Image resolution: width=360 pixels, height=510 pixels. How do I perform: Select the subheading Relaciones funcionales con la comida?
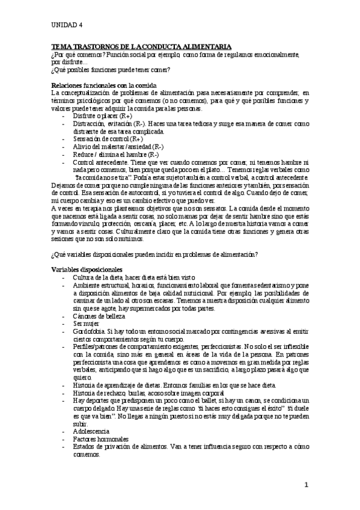pos(105,86)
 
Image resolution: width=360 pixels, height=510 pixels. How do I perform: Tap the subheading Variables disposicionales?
pos(87,269)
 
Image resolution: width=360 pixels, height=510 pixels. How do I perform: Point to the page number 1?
pos(306,484)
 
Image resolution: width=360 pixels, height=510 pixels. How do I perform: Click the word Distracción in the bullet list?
pos(88,123)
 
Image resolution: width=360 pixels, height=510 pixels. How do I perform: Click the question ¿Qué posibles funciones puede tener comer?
pos(111,69)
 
